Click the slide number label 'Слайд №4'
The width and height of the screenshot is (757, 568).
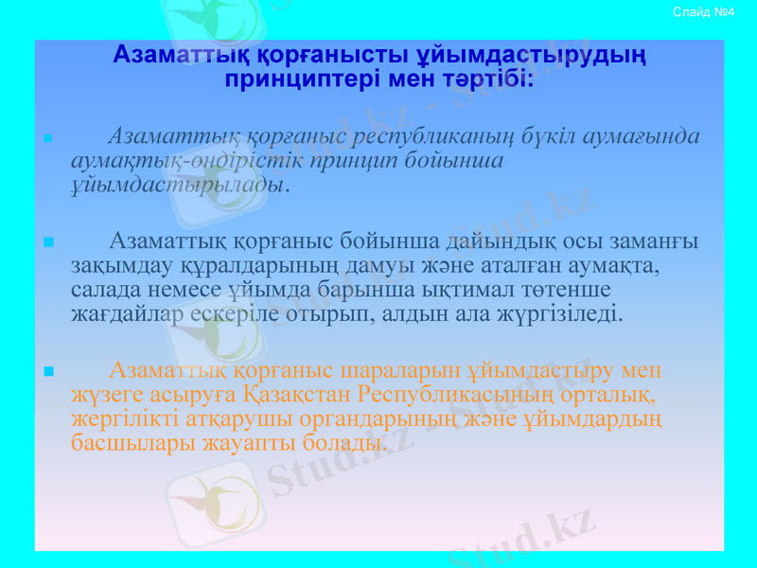point(703,11)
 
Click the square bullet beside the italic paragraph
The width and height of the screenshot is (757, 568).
point(47,138)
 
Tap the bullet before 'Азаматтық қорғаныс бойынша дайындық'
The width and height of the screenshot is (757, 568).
point(47,241)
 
